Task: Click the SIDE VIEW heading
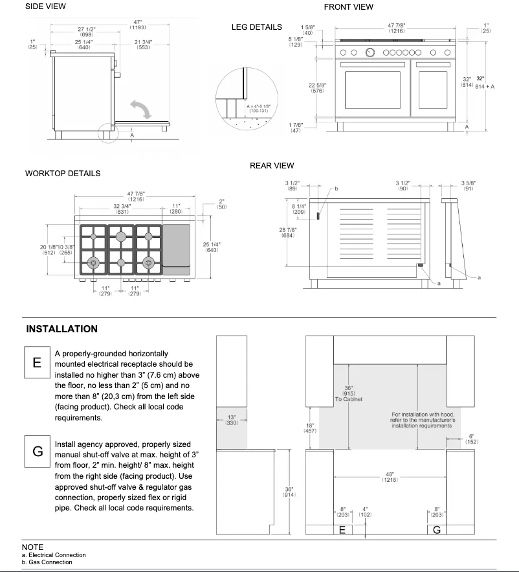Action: tap(45, 6)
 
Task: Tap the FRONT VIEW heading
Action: tap(348, 7)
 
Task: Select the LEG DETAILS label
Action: tap(256, 27)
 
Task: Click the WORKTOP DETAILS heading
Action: tap(63, 174)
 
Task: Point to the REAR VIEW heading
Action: tap(272, 166)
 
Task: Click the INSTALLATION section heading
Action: tap(61, 329)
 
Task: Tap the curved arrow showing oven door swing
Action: tap(142, 108)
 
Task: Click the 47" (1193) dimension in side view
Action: tap(137, 26)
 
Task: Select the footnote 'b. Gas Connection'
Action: tap(47, 562)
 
